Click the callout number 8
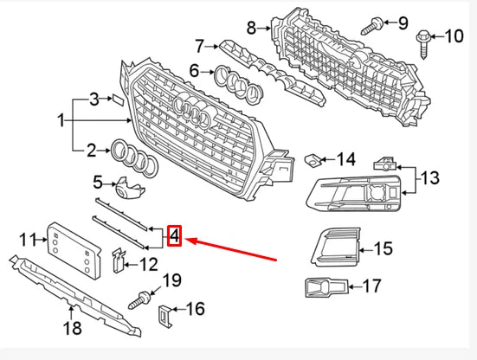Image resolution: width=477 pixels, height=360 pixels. (x=251, y=28)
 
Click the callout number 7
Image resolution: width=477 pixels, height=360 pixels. (x=200, y=44)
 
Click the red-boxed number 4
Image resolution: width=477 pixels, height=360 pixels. (x=174, y=235)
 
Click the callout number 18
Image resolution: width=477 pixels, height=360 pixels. (x=73, y=328)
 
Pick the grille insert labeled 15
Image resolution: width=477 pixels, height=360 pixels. (x=333, y=247)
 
